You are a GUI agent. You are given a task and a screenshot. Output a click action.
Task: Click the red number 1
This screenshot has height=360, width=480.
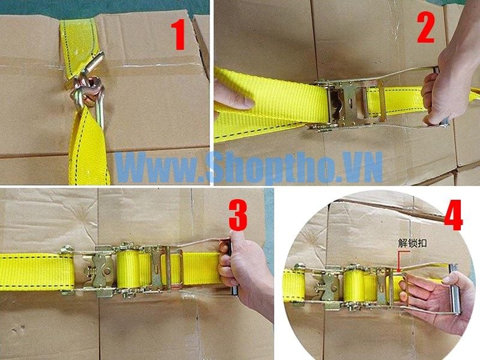click(178, 35)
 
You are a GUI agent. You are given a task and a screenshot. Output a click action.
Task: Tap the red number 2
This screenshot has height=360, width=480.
click(426, 28)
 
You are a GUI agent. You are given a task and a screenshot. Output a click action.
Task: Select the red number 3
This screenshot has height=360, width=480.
click(238, 215)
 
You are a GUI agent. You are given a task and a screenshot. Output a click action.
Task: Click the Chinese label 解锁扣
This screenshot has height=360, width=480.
click(412, 244)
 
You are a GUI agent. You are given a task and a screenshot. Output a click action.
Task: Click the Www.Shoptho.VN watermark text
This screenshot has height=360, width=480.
click(248, 168)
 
